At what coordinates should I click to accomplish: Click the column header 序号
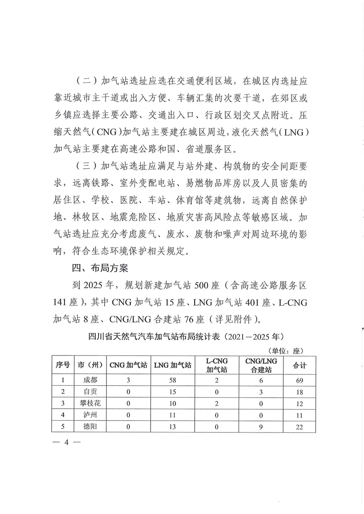[62, 365]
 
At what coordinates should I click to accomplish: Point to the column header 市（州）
[90, 365]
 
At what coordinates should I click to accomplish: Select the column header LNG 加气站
[173, 365]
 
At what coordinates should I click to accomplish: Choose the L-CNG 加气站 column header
[217, 365]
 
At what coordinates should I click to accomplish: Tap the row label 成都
[90, 380]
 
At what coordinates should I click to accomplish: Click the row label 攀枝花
[90, 403]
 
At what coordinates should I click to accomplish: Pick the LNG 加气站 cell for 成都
[173, 380]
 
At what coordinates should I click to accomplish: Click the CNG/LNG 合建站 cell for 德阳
[260, 427]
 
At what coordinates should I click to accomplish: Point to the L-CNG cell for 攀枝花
[217, 403]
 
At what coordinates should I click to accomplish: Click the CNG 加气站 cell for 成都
[129, 380]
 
